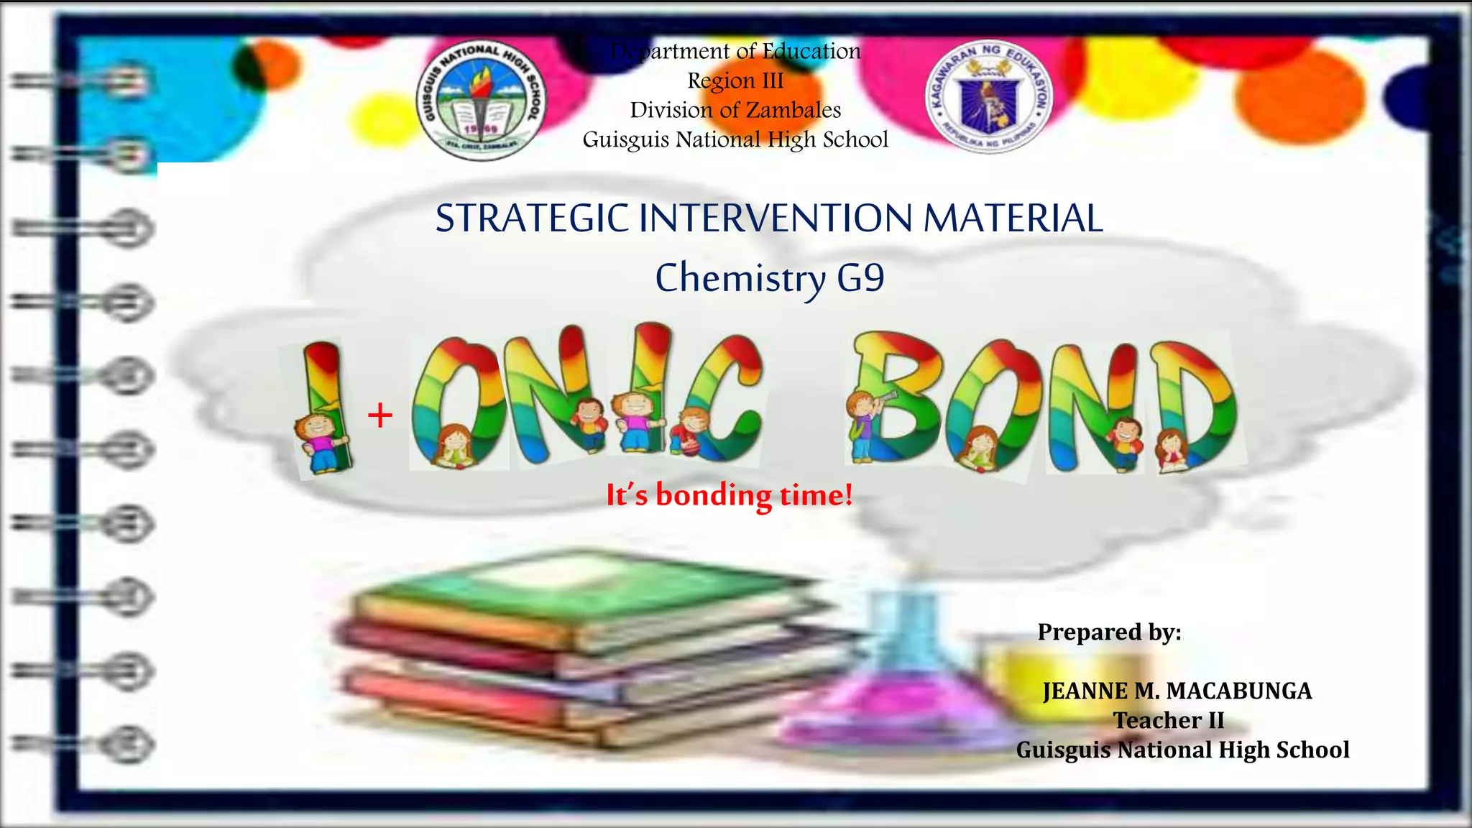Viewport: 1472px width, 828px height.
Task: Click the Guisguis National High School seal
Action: coord(482,99)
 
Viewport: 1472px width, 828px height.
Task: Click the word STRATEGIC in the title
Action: coord(533,218)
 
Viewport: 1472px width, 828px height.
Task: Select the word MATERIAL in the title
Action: coord(1013,218)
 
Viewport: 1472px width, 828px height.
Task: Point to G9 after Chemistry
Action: coord(860,277)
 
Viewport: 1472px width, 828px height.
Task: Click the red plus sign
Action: coord(380,415)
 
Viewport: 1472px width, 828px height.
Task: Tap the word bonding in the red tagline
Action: coord(714,496)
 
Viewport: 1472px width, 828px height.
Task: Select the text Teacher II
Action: coord(1169,720)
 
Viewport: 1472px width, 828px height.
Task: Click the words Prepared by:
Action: coord(1109,632)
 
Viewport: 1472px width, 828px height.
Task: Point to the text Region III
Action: coord(735,80)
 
